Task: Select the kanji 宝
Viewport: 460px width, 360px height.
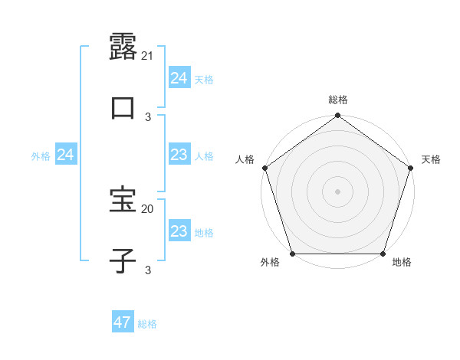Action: [123, 199]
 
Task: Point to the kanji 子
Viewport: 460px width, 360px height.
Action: [123, 260]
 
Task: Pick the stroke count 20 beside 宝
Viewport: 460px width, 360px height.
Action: [148, 208]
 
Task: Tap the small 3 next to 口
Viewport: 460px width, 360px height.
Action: [148, 117]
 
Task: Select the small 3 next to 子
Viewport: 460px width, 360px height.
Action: [148, 270]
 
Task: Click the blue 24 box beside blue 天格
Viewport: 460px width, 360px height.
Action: [179, 78]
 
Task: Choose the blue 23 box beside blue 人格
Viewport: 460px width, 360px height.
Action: [179, 155]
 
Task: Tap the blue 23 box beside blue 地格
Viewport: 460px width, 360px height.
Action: [179, 232]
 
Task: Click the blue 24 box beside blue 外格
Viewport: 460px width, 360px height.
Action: [66, 155]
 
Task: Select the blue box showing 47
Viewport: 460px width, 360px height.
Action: [123, 322]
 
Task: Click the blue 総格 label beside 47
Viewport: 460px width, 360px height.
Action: [147, 324]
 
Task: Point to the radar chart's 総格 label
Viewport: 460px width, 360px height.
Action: [338, 100]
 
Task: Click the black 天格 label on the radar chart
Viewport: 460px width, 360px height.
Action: [432, 159]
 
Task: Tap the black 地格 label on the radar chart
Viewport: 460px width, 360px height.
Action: [402, 263]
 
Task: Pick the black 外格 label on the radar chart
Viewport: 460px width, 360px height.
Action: [270, 263]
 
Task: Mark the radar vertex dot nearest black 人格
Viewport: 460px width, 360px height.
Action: [264, 168]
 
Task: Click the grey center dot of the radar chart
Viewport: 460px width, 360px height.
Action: [337, 191]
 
